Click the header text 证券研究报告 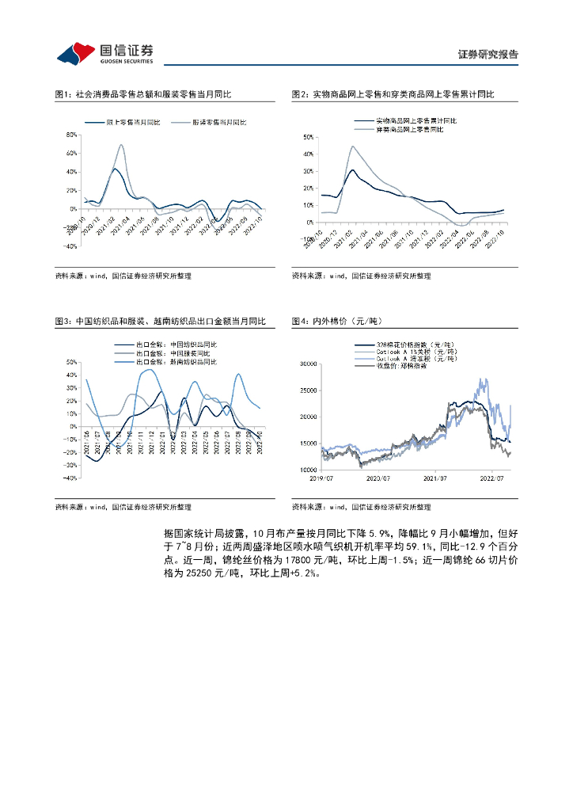coord(488,55)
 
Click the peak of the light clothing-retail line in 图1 coord(121,145)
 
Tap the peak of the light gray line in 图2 coord(352,147)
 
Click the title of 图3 coord(161,321)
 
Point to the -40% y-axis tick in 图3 coord(70,478)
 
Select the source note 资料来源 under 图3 coord(123,507)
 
